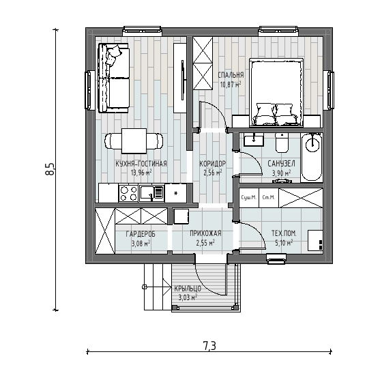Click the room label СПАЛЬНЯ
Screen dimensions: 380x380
[x=231, y=75]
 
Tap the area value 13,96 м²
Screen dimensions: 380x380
[x=141, y=173]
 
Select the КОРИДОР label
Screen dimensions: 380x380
[x=213, y=164]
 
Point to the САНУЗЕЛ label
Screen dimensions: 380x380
[x=281, y=164]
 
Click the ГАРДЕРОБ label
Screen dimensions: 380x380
[x=141, y=234]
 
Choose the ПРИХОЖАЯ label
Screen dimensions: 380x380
[x=205, y=233]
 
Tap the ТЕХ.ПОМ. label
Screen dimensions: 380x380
[x=284, y=233]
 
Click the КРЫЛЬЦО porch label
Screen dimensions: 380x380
[x=188, y=289]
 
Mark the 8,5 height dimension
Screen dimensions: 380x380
[x=50, y=169]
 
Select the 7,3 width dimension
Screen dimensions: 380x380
[x=209, y=346]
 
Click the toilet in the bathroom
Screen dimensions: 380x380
[x=282, y=143]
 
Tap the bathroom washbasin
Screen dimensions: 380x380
[x=254, y=140]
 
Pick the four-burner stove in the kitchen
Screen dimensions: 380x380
[x=128, y=193]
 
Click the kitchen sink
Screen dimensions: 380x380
[x=151, y=193]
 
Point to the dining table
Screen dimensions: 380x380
[x=134, y=141]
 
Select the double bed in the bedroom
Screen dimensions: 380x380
[x=276, y=92]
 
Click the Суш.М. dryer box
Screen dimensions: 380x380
[x=249, y=198]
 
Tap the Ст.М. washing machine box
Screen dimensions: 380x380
[x=269, y=198]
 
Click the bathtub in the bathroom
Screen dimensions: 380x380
[x=312, y=158]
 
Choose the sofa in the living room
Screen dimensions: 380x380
[x=114, y=78]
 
